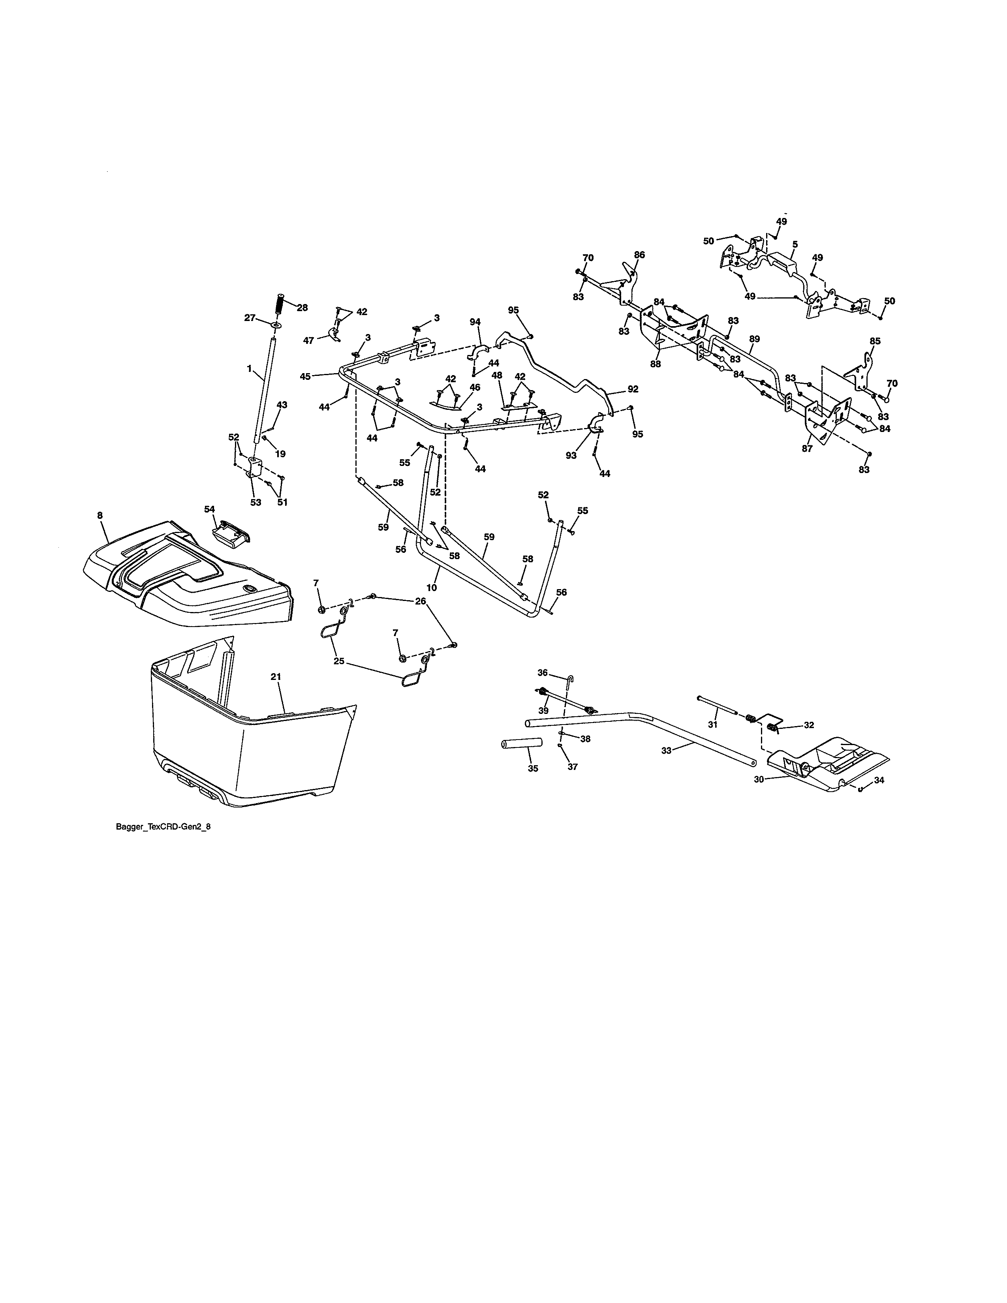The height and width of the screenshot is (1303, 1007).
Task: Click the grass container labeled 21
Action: coord(250,752)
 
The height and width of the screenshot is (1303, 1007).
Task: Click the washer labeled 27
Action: coord(277,325)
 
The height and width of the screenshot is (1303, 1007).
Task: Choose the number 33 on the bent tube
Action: coord(666,751)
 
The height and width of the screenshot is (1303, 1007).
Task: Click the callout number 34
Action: coord(879,780)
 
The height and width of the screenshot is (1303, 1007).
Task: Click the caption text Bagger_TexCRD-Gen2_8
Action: coord(163,827)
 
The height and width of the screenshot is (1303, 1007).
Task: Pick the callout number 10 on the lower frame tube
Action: coord(431,588)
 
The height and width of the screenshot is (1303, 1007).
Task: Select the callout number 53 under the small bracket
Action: coord(256,502)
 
